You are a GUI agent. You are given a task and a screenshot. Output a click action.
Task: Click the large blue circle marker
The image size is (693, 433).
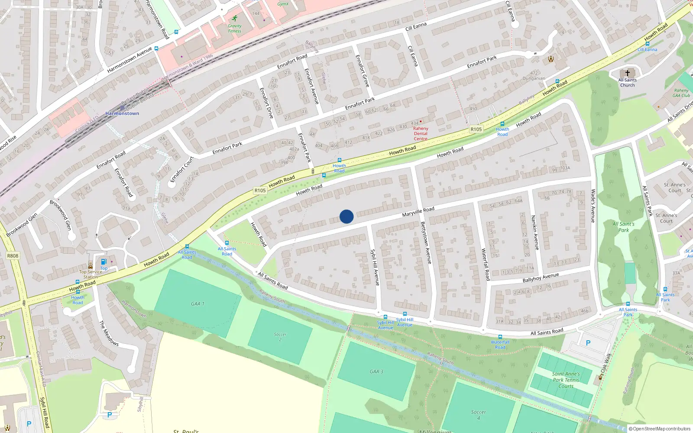[346, 216]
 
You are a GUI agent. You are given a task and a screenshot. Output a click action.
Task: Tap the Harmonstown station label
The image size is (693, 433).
[122, 113]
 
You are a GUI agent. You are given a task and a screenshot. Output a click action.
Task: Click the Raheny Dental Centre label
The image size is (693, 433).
[421, 133]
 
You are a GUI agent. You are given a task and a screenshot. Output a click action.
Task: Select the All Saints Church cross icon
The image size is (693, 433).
[627, 73]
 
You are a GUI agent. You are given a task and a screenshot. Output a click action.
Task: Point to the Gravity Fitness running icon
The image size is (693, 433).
[235, 19]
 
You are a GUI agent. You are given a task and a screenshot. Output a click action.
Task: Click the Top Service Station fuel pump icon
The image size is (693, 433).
[104, 262]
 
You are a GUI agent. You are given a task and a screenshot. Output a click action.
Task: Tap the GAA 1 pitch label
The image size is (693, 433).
[198, 304]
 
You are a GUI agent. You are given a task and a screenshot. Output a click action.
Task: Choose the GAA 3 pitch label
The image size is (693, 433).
[376, 372]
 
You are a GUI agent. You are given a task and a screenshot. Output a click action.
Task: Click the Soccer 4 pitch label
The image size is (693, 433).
[479, 415]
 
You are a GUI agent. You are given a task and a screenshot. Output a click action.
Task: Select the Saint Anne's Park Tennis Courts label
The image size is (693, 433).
[566, 380]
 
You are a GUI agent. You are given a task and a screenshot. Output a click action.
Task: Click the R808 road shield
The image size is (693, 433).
[13, 256]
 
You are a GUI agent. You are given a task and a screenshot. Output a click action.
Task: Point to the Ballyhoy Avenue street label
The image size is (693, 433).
[541, 278]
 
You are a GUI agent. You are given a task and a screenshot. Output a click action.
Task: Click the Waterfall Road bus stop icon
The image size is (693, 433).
[500, 337]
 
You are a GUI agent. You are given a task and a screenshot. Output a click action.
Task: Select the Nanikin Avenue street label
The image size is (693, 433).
[535, 233]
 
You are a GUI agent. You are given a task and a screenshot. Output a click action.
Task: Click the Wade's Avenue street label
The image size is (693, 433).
[593, 206]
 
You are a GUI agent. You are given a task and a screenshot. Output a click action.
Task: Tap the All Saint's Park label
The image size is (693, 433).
[623, 227]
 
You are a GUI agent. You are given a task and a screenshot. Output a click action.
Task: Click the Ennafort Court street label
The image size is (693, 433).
[182, 169]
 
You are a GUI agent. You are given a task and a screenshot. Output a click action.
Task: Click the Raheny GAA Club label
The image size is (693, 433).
[681, 93]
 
